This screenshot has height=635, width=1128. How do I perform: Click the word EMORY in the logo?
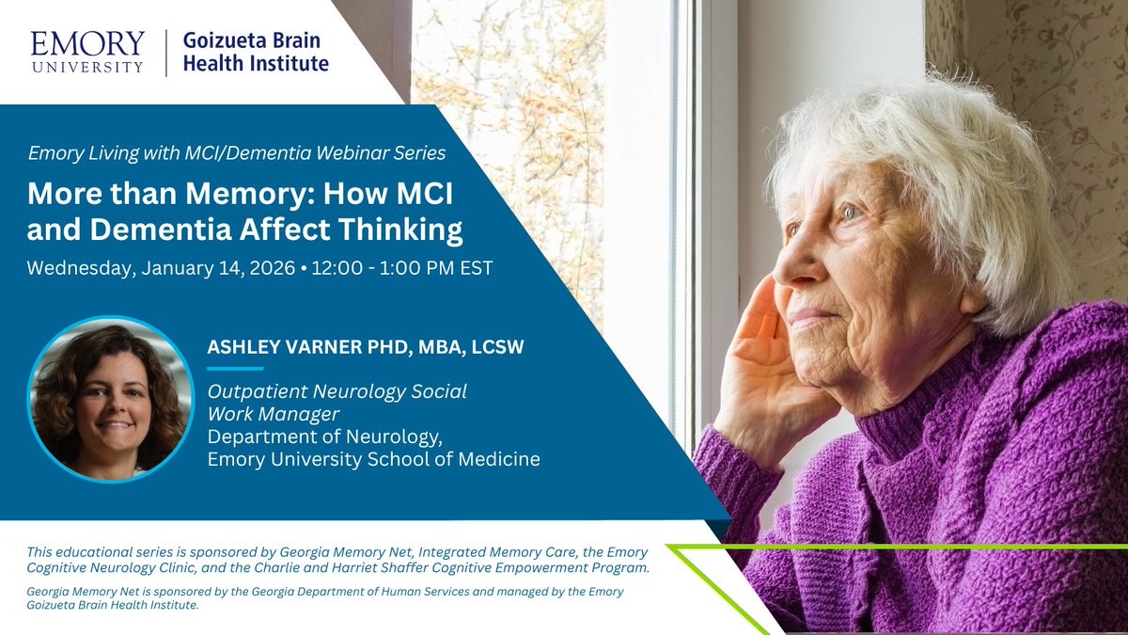(x=87, y=42)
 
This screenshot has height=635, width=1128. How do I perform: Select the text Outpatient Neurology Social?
(x=337, y=391)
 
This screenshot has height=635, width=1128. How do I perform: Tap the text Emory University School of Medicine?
(x=373, y=460)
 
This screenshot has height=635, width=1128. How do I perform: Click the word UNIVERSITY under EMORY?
(x=87, y=67)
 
